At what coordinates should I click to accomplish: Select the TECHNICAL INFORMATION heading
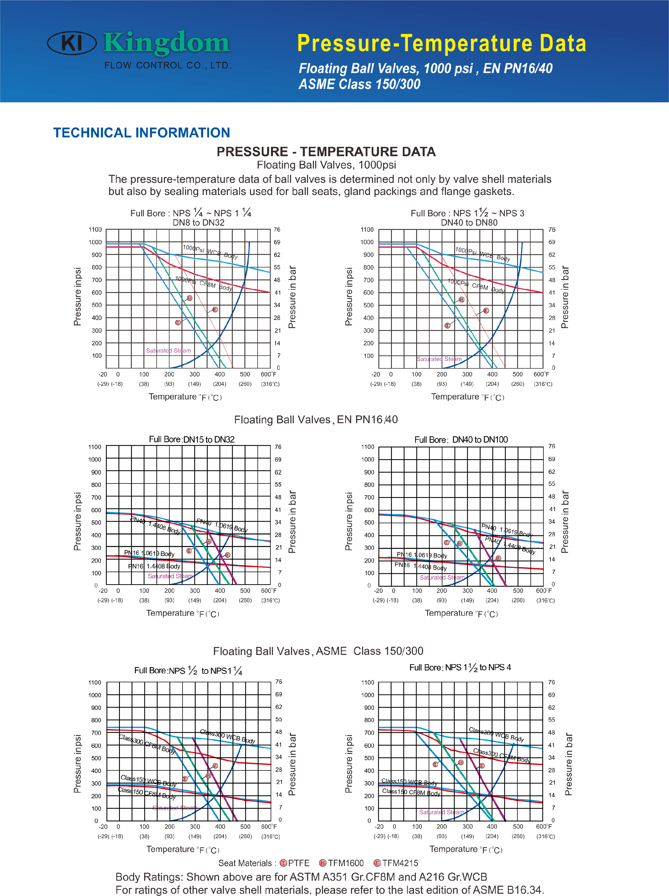(142, 133)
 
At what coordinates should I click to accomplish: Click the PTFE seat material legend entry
(295, 863)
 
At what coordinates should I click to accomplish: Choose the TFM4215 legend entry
(396, 863)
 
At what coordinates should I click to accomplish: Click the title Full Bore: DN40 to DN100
(461, 440)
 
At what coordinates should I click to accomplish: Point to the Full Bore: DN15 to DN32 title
(192, 440)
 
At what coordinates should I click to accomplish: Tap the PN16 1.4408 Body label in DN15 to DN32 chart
(154, 566)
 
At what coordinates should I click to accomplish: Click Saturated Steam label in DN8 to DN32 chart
(168, 350)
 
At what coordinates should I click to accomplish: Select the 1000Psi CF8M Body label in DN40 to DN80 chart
(476, 286)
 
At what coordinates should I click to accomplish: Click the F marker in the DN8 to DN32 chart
(215, 309)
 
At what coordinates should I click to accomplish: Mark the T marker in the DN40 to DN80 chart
(447, 326)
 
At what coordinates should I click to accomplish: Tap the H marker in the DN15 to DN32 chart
(209, 541)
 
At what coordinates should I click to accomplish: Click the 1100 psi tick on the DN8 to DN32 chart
(96, 230)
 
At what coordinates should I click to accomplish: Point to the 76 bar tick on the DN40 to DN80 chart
(552, 230)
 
